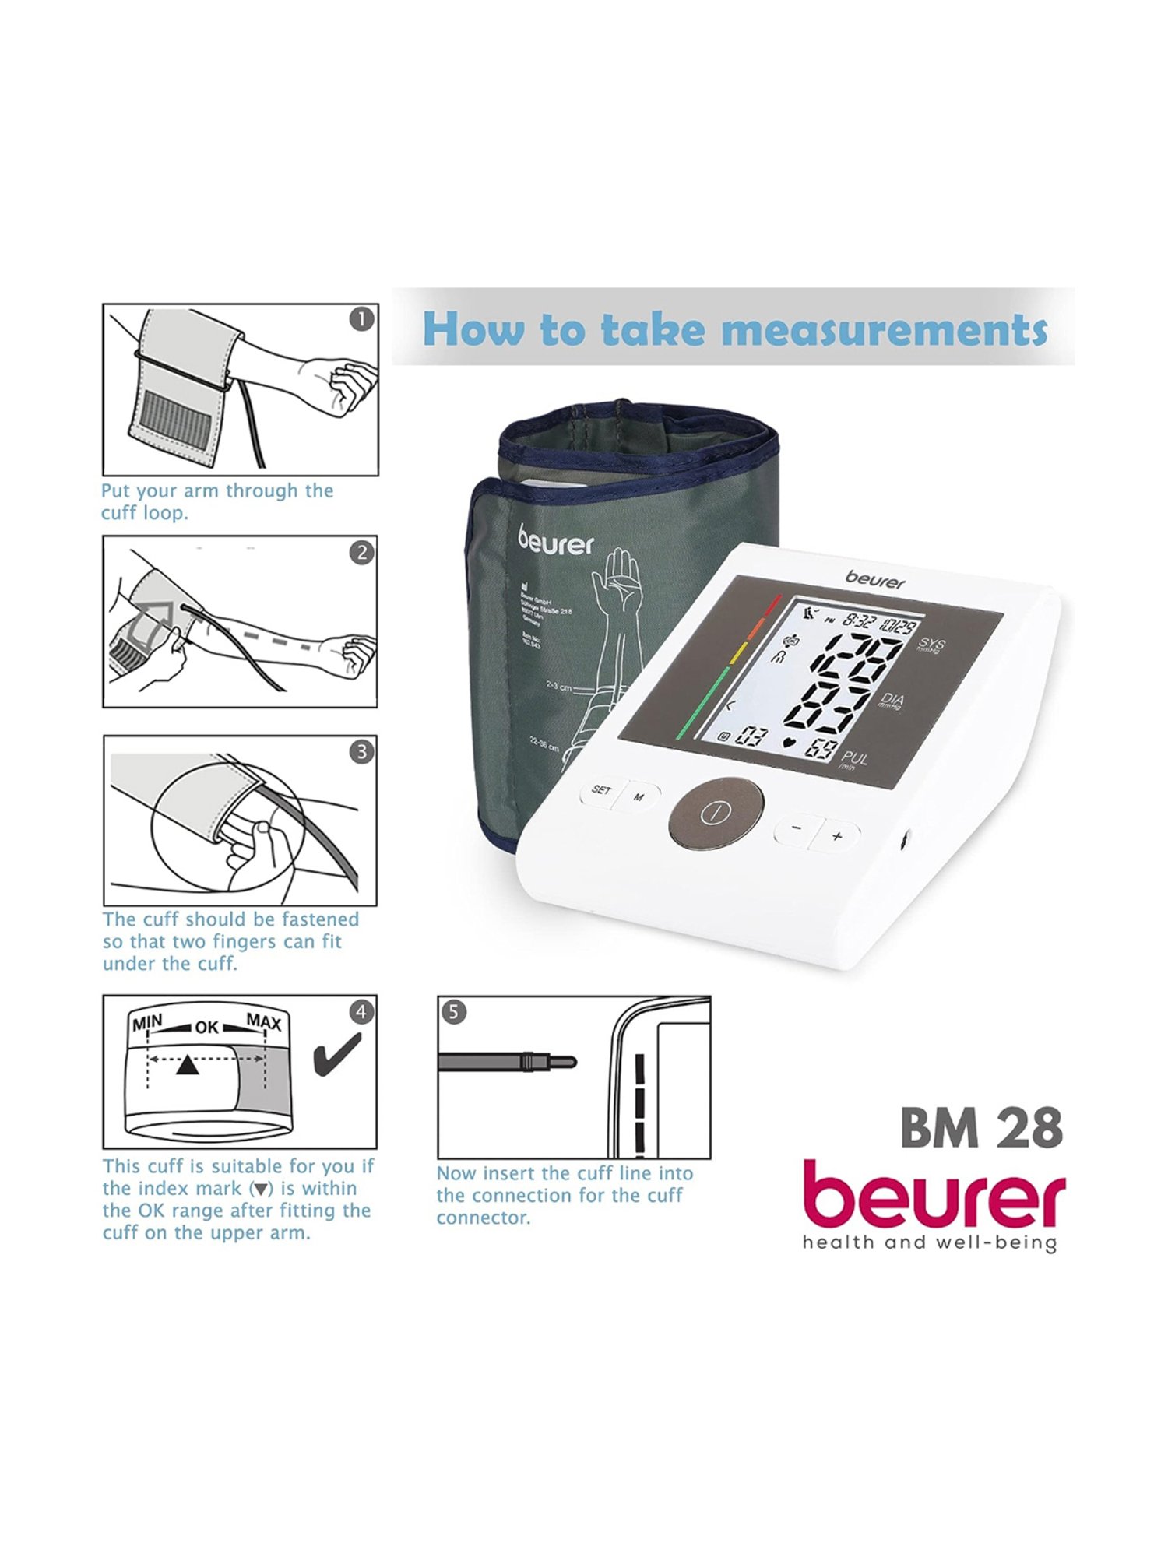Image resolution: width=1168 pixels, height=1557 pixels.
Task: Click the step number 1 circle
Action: point(361,319)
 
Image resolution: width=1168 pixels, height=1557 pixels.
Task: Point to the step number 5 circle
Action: point(454,1012)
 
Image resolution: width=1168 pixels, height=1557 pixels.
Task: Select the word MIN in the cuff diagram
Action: point(147,1022)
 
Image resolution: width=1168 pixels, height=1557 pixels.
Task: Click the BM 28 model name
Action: point(980,1128)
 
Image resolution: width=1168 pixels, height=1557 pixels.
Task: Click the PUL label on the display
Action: point(854,758)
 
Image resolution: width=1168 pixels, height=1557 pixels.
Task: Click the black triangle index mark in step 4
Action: point(186,1066)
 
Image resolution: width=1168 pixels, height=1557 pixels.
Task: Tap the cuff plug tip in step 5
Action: point(567,1060)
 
